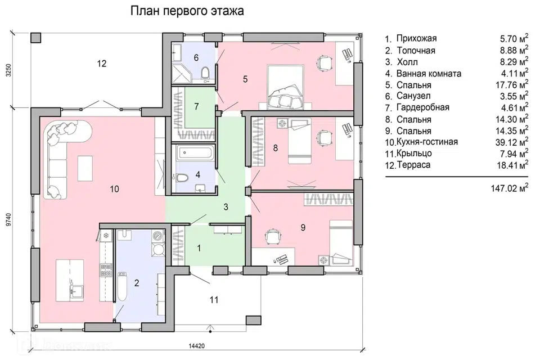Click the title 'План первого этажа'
coord(187,11)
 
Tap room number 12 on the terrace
coord(102,64)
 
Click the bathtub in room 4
coord(195,153)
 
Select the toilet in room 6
coord(205,73)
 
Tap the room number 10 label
coord(114,189)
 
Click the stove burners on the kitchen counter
coord(106,271)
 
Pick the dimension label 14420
coord(197,346)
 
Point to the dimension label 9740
coord(9,219)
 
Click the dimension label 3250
coord(9,70)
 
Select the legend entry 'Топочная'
coord(416,51)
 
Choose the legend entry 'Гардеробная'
coord(423,107)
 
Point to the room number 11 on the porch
coord(214,300)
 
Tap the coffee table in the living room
coord(85,168)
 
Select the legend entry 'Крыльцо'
coord(414,154)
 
